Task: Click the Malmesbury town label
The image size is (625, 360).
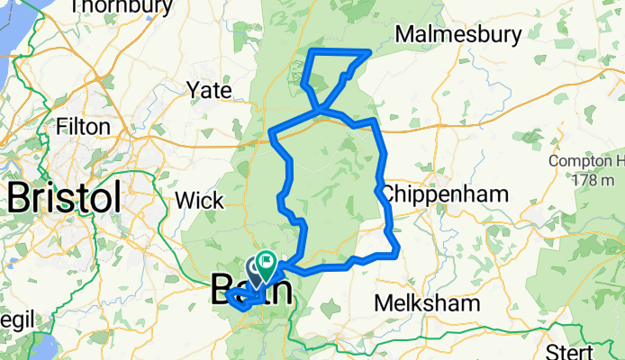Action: point(459,34)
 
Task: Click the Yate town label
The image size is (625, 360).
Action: point(209,90)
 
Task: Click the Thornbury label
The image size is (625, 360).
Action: point(120,8)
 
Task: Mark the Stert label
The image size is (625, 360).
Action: point(573,350)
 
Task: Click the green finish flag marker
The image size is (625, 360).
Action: point(267,263)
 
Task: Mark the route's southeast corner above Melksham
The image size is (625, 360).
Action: point(397,253)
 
